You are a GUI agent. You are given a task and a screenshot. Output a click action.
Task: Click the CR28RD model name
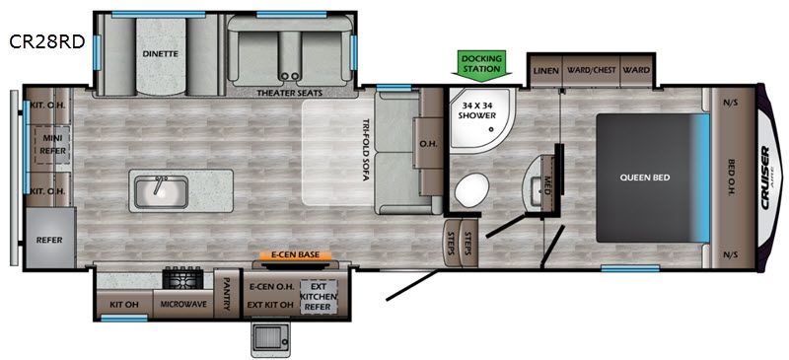[46, 42]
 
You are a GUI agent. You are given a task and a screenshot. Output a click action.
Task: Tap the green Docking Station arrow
[481, 65]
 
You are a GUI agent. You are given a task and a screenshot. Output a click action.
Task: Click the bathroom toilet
[472, 189]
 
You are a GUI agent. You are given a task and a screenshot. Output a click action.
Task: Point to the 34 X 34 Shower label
[478, 110]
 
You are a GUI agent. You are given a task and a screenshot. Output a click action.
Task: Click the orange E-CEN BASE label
[295, 255]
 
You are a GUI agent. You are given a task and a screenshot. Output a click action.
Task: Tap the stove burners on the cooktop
[182, 278]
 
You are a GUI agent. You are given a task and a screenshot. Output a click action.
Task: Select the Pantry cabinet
[226, 293]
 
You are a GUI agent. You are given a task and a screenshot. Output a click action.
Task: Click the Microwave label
[183, 304]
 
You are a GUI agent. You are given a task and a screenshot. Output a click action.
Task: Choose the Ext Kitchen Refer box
[318, 297]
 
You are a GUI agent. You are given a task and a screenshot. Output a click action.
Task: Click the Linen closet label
[546, 70]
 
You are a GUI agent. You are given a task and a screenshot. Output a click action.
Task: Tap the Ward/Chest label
[591, 70]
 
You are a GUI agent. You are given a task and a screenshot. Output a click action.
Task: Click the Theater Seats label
[289, 93]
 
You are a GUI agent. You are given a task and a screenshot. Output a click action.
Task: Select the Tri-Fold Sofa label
[367, 151]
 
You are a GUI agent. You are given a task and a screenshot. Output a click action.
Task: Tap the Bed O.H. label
[732, 178]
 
